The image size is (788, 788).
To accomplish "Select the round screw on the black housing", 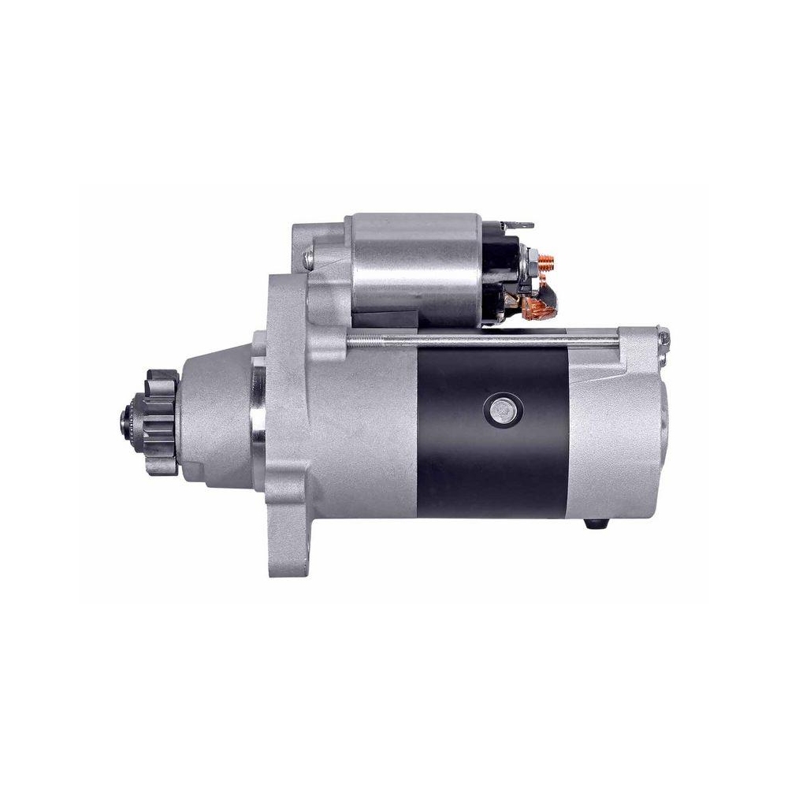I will [x=499, y=408].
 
